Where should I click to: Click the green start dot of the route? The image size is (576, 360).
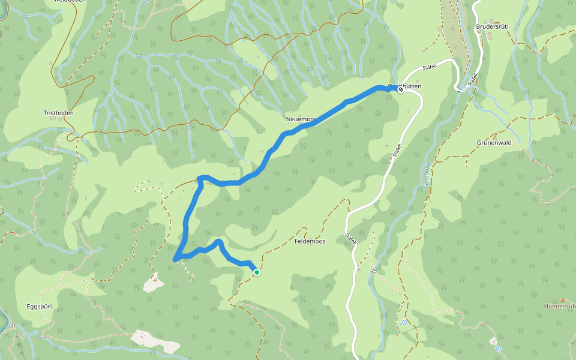(257, 272)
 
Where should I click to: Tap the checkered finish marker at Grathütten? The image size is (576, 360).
(400, 89)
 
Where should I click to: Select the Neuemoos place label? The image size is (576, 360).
(299, 119)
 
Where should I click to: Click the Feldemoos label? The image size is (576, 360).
(310, 241)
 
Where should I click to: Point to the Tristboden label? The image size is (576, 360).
(58, 113)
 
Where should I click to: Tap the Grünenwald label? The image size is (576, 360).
(494, 143)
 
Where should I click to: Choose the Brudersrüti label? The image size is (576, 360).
(492, 27)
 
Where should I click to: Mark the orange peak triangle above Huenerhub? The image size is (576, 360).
(563, 299)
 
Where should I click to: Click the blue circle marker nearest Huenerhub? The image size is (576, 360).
(499, 348)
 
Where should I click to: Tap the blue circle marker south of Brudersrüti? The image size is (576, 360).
(464, 89)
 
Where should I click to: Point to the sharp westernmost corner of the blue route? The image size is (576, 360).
(175, 260)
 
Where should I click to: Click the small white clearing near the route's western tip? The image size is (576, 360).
(154, 282)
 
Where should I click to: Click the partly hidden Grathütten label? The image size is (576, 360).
(408, 86)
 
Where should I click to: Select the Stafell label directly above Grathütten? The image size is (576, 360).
(430, 67)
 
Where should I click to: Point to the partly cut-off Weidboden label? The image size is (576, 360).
(70, 2)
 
